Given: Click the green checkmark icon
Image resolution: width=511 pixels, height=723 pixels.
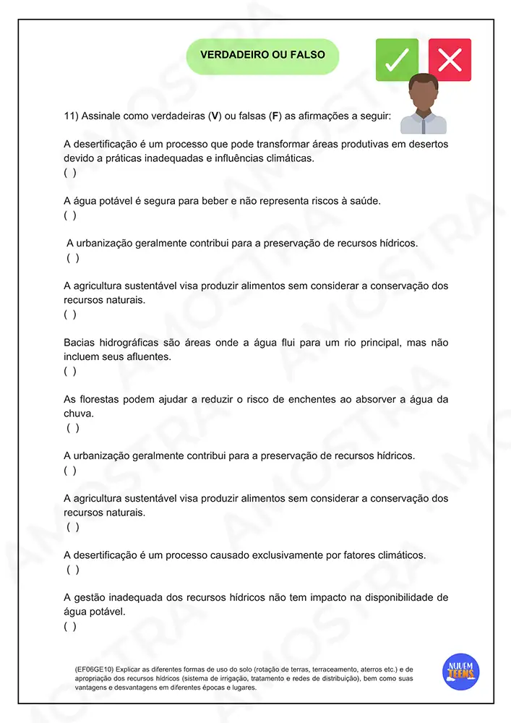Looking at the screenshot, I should (x=397, y=59).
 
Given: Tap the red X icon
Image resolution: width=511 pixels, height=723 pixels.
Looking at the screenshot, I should (x=450, y=59).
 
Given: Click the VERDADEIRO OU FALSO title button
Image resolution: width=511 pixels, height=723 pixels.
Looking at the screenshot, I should (x=262, y=55).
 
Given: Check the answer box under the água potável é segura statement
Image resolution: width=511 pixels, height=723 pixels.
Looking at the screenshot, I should (x=70, y=215).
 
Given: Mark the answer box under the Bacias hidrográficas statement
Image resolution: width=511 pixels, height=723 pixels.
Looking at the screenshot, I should (x=70, y=371).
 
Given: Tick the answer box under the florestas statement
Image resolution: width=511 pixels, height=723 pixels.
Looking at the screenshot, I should (x=73, y=428).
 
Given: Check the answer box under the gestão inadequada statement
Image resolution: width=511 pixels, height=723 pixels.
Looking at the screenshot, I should (x=70, y=626).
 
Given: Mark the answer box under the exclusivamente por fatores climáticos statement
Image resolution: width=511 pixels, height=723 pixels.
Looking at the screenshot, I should (x=73, y=570).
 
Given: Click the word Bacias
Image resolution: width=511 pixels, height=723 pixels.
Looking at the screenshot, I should (x=79, y=343).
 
